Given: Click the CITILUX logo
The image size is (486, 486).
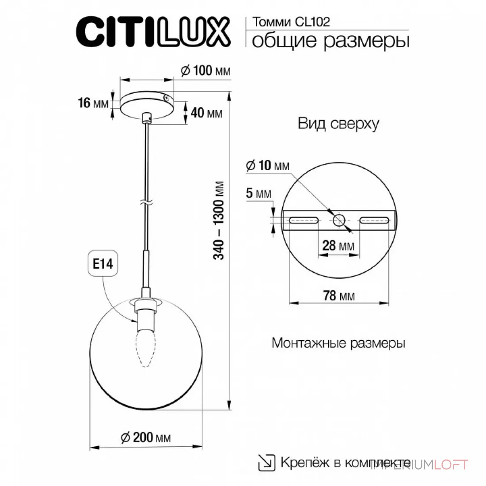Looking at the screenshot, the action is coord(153,32).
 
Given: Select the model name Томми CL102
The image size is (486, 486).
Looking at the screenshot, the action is coord(291,22).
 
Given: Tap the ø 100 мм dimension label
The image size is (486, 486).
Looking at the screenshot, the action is coord(206,71).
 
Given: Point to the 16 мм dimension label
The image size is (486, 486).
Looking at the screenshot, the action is coord(93,103).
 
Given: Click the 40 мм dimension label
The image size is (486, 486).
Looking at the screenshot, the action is coord(206,113).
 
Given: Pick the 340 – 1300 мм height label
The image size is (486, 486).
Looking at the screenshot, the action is coord(219,220).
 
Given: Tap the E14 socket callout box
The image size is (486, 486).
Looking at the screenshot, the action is coord(103,263).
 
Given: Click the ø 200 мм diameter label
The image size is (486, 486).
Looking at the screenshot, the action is coord(146,438).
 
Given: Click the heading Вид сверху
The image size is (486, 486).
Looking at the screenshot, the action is coord(338,124).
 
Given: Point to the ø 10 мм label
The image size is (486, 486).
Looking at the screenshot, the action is coord(267,166).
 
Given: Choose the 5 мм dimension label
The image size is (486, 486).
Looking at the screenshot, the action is coord(258,193).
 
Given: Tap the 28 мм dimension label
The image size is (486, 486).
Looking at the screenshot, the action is coord(338,246).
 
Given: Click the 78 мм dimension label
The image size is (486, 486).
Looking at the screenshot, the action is coord(339,296).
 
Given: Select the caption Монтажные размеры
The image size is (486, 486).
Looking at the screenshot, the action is coord(338,343).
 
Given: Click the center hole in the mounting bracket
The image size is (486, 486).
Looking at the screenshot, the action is coord(339,220).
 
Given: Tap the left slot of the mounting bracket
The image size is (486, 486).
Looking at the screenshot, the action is coord(304,220).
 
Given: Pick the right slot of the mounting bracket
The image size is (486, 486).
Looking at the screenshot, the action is coord(374,220).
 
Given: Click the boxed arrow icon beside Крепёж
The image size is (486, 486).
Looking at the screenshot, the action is coord(266,463).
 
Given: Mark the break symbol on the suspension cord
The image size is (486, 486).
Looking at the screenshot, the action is coord(146,203).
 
